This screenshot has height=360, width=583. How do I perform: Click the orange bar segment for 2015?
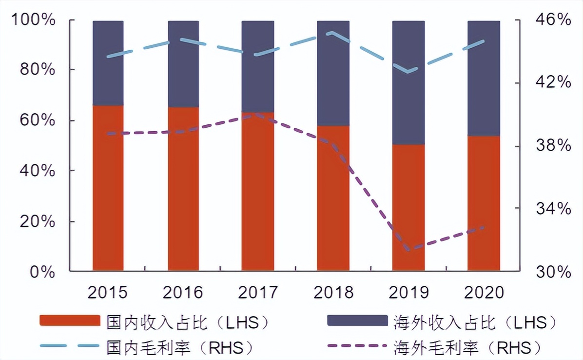tap(108, 188)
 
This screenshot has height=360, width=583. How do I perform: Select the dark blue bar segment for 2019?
tap(408, 83)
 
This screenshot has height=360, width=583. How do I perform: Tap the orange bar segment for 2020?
tap(484, 203)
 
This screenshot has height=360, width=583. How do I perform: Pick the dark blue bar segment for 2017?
tap(258, 66)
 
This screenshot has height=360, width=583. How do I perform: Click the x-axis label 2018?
tap(333, 292)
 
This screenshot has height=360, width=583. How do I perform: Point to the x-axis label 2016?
tap(183, 292)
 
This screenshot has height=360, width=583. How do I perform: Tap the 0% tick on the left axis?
tap(42, 272)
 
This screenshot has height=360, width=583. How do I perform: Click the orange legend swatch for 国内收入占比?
tap(70, 320)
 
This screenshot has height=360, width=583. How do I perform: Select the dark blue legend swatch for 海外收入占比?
tap(357, 320)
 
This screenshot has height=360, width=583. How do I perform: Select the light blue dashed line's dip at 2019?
tap(408, 72)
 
